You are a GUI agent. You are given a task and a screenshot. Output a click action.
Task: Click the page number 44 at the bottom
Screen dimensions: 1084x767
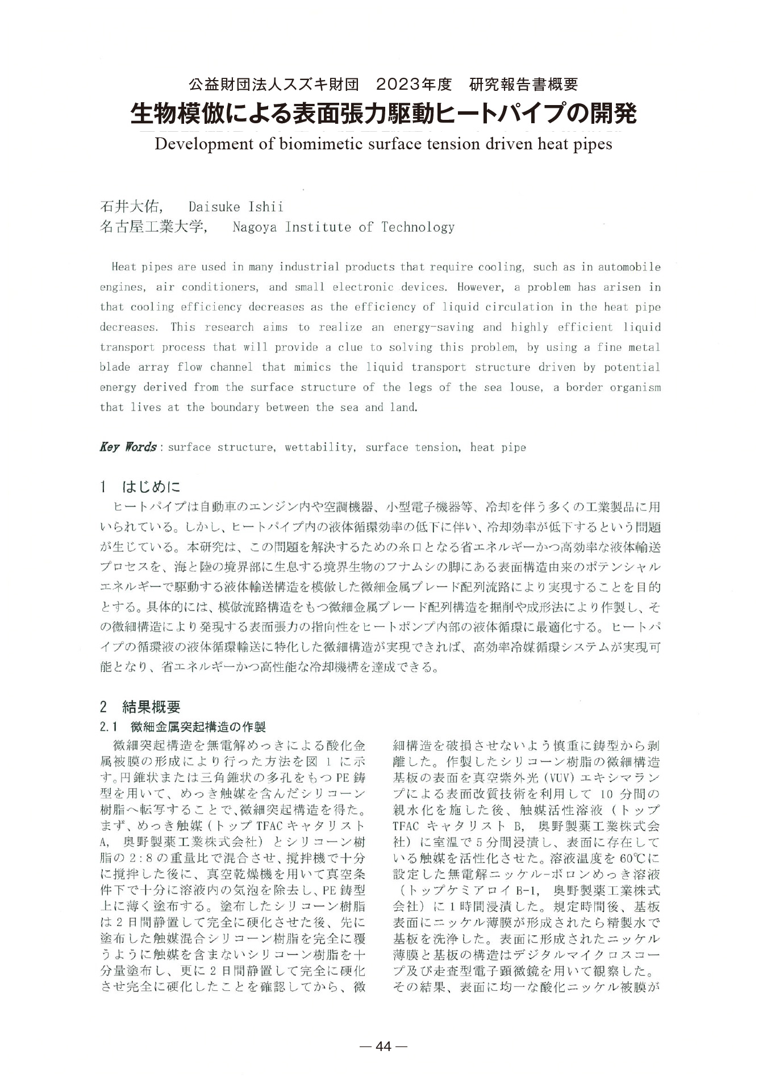tap(384, 1047)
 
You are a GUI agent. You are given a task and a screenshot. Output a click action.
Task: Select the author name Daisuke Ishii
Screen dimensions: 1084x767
tap(236, 206)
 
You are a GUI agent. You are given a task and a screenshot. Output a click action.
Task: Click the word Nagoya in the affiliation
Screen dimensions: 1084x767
tap(255, 227)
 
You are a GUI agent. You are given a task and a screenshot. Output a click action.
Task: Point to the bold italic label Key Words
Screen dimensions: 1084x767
tap(128, 447)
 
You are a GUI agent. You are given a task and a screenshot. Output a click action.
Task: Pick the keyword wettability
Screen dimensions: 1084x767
tap(320, 447)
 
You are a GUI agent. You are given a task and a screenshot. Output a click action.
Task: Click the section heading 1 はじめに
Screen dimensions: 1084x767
tap(140, 487)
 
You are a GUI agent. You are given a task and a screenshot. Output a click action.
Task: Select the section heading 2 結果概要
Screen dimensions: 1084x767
tap(140, 707)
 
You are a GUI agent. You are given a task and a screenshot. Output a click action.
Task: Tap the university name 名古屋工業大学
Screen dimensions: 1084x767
tap(151, 227)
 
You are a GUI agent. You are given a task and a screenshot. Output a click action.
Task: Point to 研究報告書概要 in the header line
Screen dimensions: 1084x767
tap(524, 85)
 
